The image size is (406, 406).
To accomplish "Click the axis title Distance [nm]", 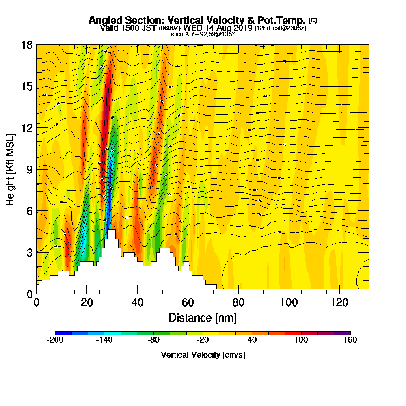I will (x=203, y=317).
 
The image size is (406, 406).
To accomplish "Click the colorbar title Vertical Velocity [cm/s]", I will (x=203, y=355).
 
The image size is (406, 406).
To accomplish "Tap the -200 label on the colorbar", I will (x=55, y=340).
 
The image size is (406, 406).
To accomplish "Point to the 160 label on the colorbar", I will (x=350, y=340).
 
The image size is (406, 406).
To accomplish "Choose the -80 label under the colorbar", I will (x=153, y=340).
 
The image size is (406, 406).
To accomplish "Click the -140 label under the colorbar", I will (x=104, y=340).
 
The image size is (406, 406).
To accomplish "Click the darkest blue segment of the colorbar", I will (x=63, y=333).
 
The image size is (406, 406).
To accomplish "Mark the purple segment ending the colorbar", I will (x=342, y=333).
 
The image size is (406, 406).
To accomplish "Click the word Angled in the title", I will (x=102, y=20).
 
